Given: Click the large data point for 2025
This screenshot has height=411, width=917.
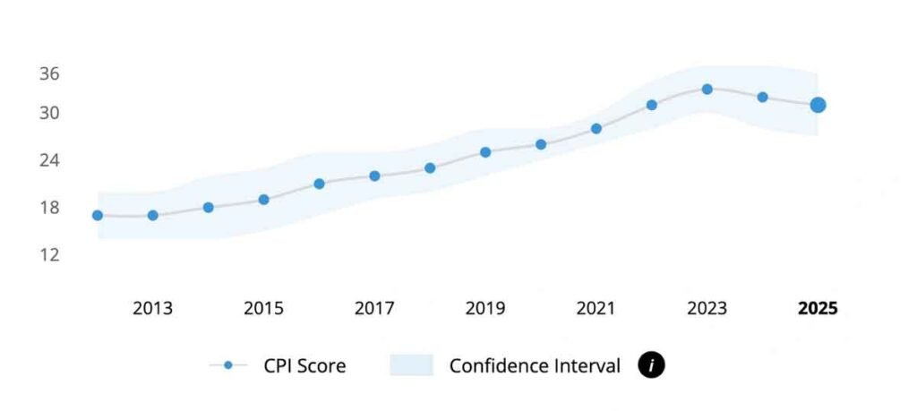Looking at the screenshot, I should point(818,105).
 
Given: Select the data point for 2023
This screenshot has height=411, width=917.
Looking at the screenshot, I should point(707,89).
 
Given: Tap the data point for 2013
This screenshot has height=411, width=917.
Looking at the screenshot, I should point(153,215).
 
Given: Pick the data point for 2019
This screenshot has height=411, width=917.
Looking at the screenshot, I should point(485,152).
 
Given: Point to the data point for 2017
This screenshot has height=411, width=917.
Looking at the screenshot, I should point(374,176).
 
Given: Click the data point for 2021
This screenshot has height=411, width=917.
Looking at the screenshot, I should point(596,128).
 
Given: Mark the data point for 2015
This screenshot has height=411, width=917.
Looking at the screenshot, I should point(264,200).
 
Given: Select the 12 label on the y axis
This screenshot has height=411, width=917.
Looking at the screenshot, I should point(49,255).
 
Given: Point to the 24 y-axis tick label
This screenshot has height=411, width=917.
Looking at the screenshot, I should point(49,160).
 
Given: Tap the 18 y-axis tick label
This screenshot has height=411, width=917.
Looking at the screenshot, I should point(49,208).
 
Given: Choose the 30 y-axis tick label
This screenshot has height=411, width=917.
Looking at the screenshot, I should point(49,114).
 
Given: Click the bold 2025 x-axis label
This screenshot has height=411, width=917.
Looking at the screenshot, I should point(818,309).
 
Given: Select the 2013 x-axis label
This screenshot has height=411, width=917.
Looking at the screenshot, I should point(153,309).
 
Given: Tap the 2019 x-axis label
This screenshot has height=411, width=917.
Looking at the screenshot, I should point(485,309).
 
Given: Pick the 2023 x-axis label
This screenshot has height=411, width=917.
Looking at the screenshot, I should point(707,309).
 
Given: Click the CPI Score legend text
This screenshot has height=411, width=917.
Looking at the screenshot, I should point(304,365).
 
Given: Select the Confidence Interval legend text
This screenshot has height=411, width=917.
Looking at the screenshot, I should point(535,365).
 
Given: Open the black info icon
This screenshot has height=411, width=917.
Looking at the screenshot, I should point(651,365).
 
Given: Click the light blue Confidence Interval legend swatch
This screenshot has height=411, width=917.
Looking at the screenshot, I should point(412,365).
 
